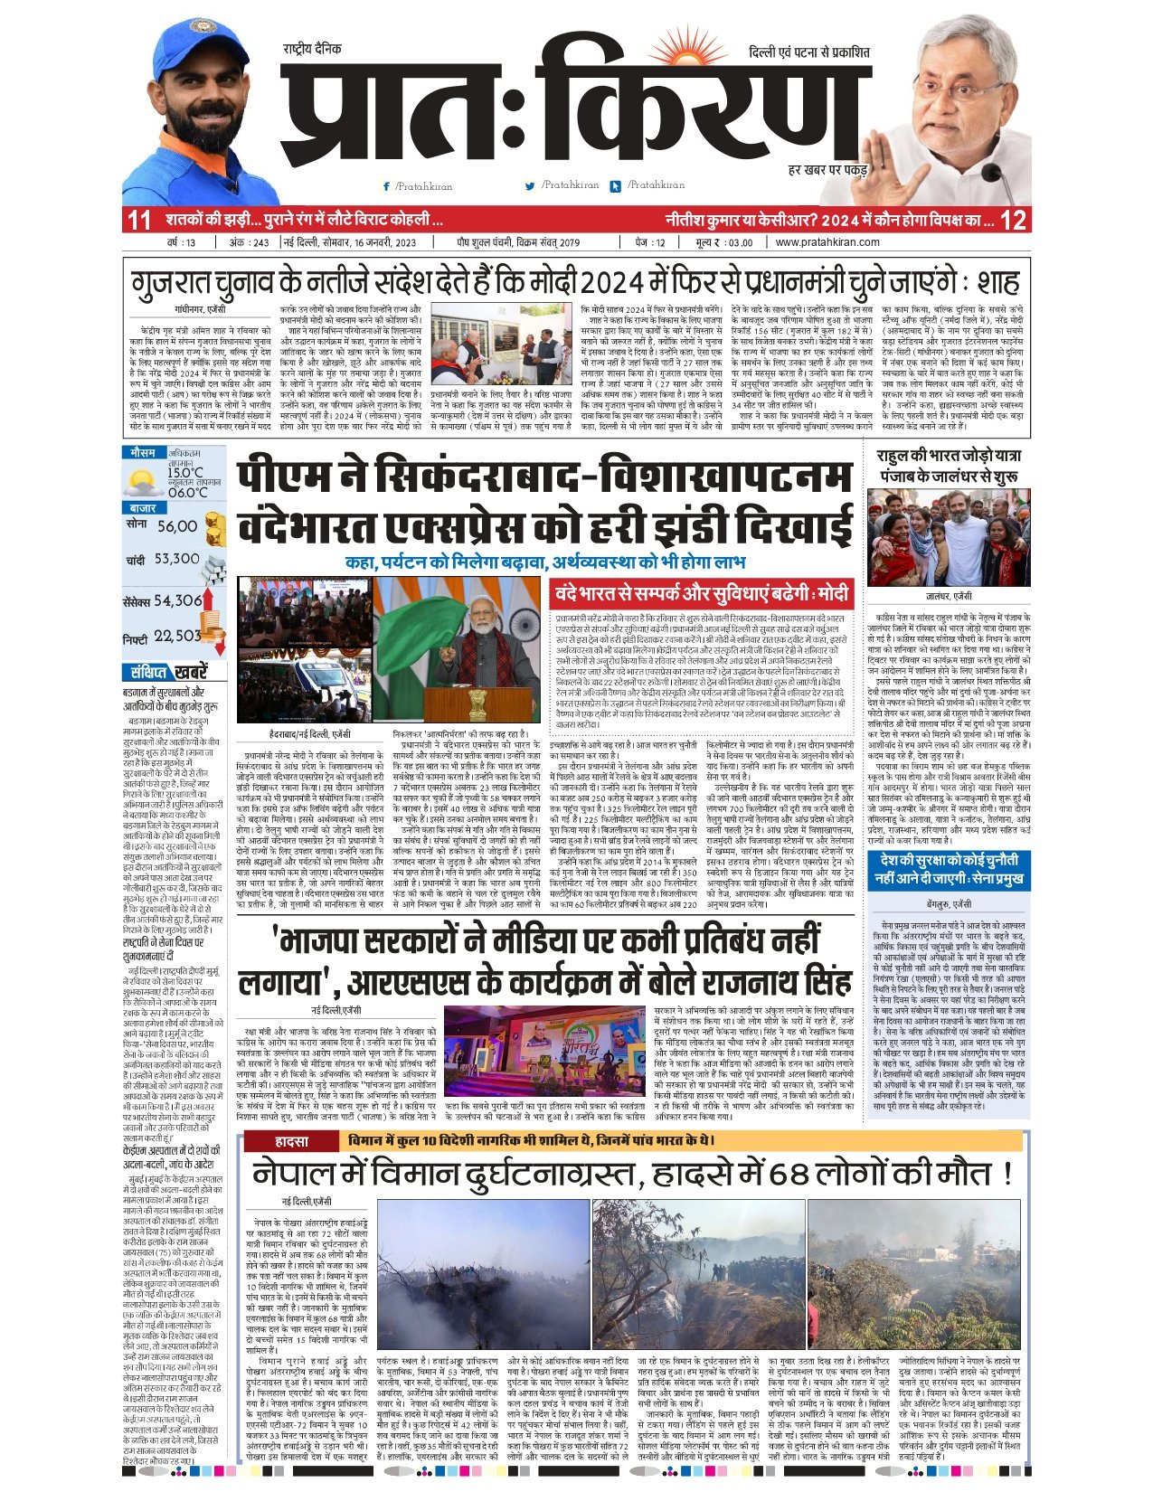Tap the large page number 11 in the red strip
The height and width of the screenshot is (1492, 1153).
(138, 220)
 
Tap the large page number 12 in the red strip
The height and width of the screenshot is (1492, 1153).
(1013, 220)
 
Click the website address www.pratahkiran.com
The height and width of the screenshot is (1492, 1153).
(827, 242)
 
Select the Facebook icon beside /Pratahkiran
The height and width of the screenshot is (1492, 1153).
(387, 186)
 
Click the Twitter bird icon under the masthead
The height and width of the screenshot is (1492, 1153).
(530, 186)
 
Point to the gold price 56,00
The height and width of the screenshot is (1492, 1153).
(176, 526)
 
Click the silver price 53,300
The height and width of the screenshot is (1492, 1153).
(176, 560)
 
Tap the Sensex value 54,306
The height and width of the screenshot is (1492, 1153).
(177, 600)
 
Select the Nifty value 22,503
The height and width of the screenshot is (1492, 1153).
(177, 637)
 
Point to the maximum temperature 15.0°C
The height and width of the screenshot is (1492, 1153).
(185, 473)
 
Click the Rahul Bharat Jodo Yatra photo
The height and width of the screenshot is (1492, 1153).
(948, 538)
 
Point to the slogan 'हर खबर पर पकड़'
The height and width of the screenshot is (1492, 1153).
(827, 169)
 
